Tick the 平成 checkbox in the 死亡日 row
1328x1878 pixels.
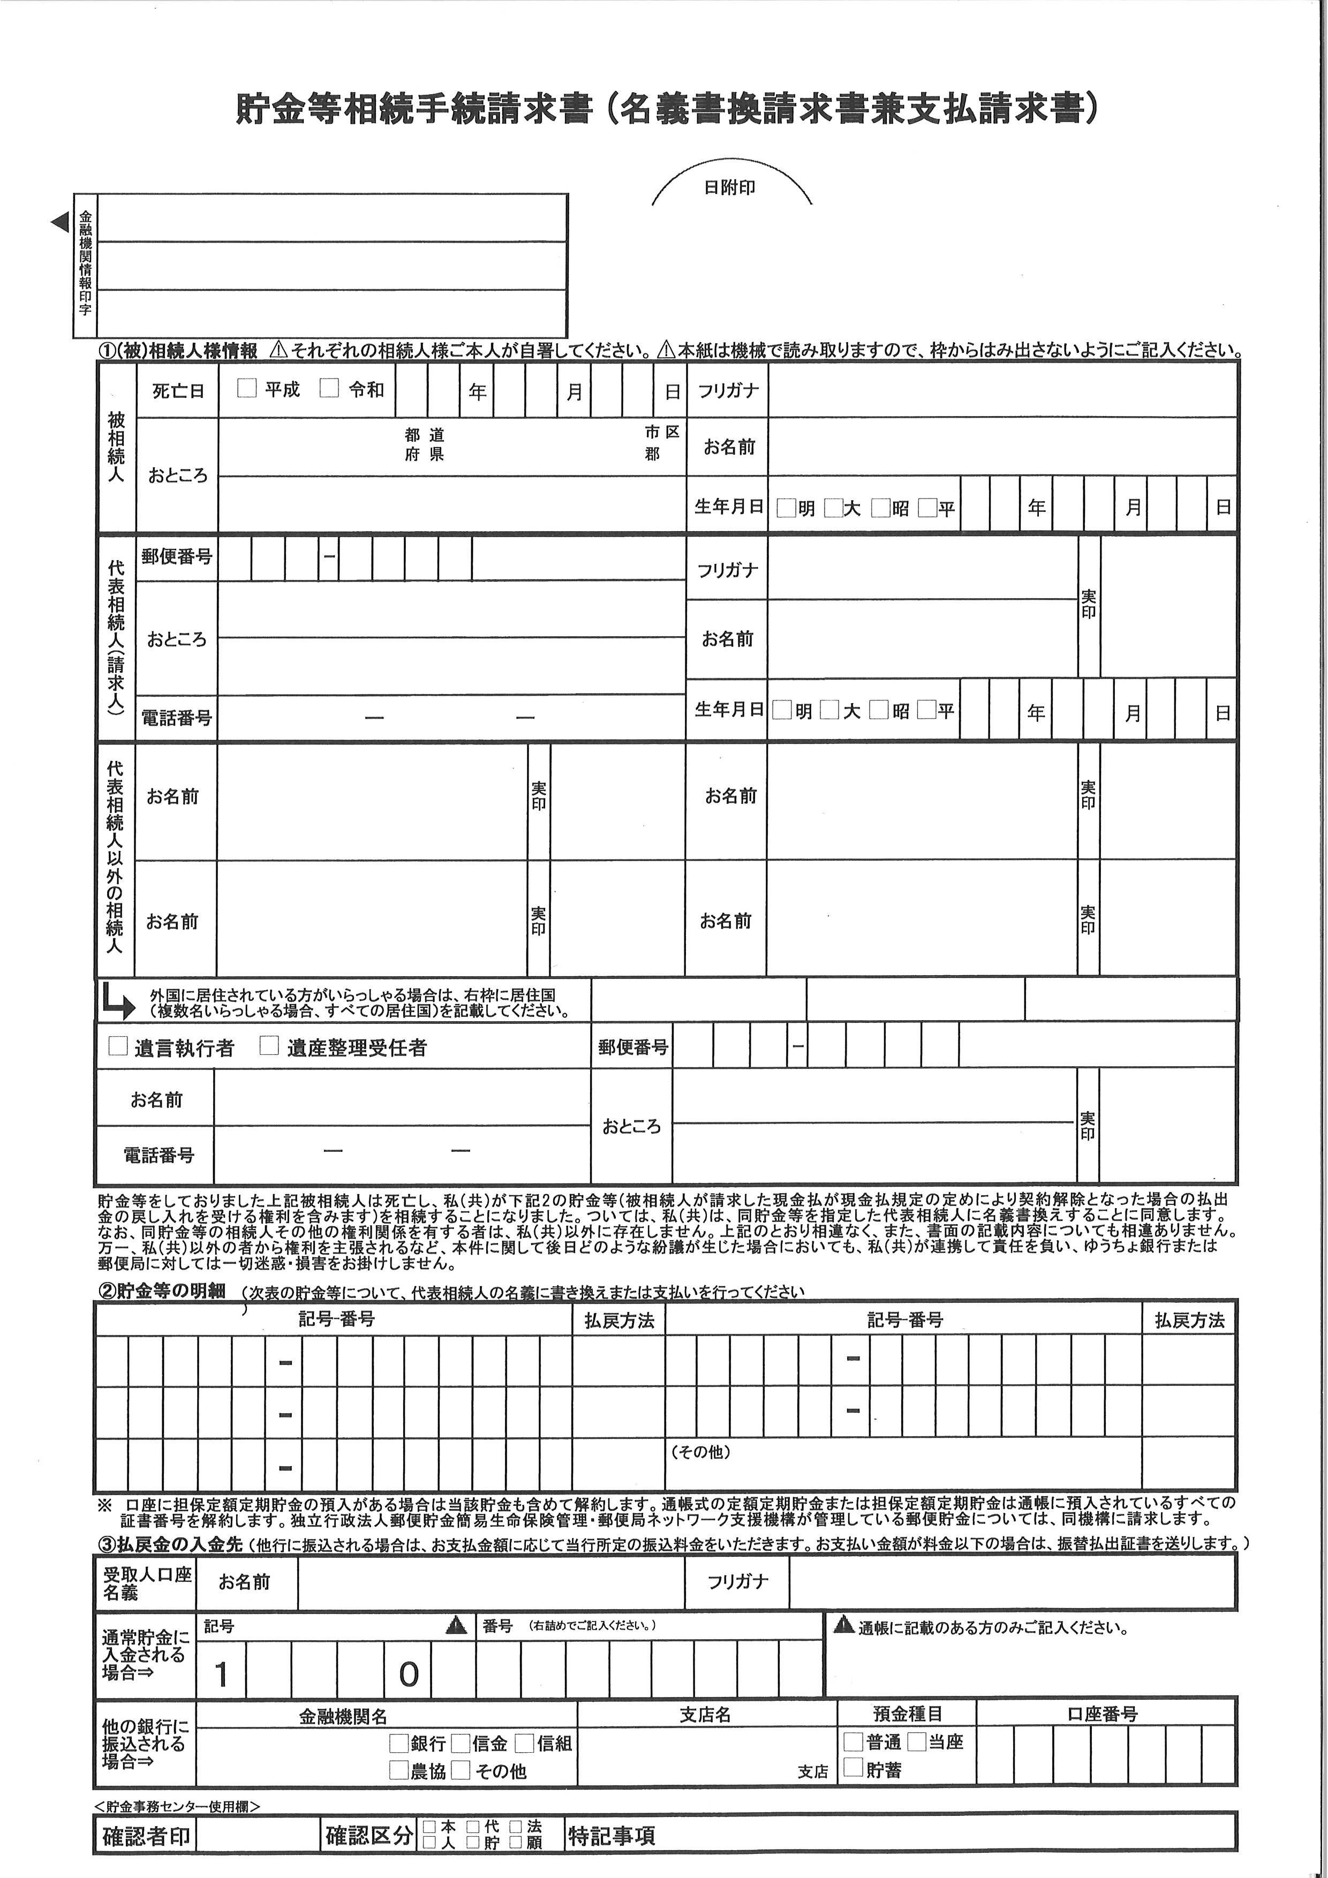247,389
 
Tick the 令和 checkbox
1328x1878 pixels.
329,389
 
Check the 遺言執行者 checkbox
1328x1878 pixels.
118,1046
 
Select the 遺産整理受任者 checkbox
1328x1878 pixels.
269,1046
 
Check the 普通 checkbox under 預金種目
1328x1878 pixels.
853,1741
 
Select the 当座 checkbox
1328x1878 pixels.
917,1741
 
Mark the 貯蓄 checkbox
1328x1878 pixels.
853,1768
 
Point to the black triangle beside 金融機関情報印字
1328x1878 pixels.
59,222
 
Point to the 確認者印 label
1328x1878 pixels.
146,1836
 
